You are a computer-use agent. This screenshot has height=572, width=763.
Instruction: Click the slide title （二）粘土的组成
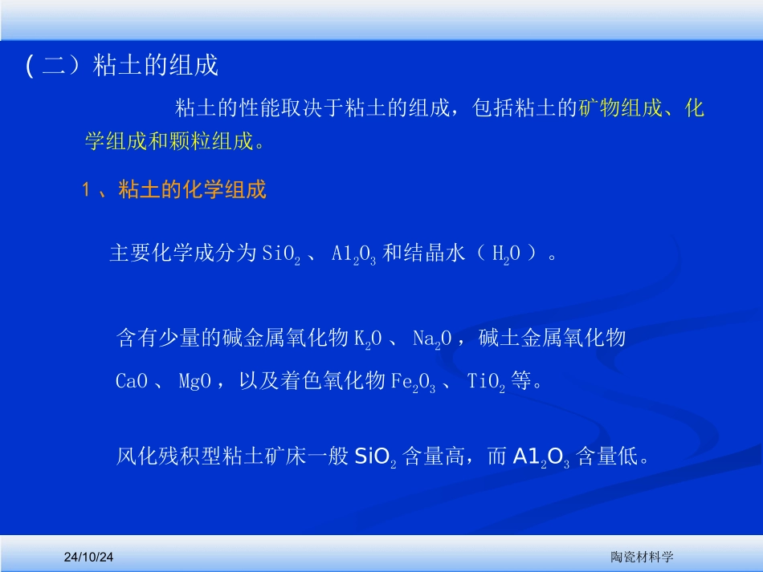[122, 66]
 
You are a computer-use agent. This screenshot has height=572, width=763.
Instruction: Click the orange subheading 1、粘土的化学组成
[174, 190]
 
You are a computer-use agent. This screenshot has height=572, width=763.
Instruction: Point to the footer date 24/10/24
[90, 556]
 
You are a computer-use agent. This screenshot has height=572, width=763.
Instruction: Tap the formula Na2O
[435, 339]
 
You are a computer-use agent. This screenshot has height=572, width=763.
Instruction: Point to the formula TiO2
[486, 383]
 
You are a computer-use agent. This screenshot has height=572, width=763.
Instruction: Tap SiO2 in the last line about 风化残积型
[375, 458]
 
